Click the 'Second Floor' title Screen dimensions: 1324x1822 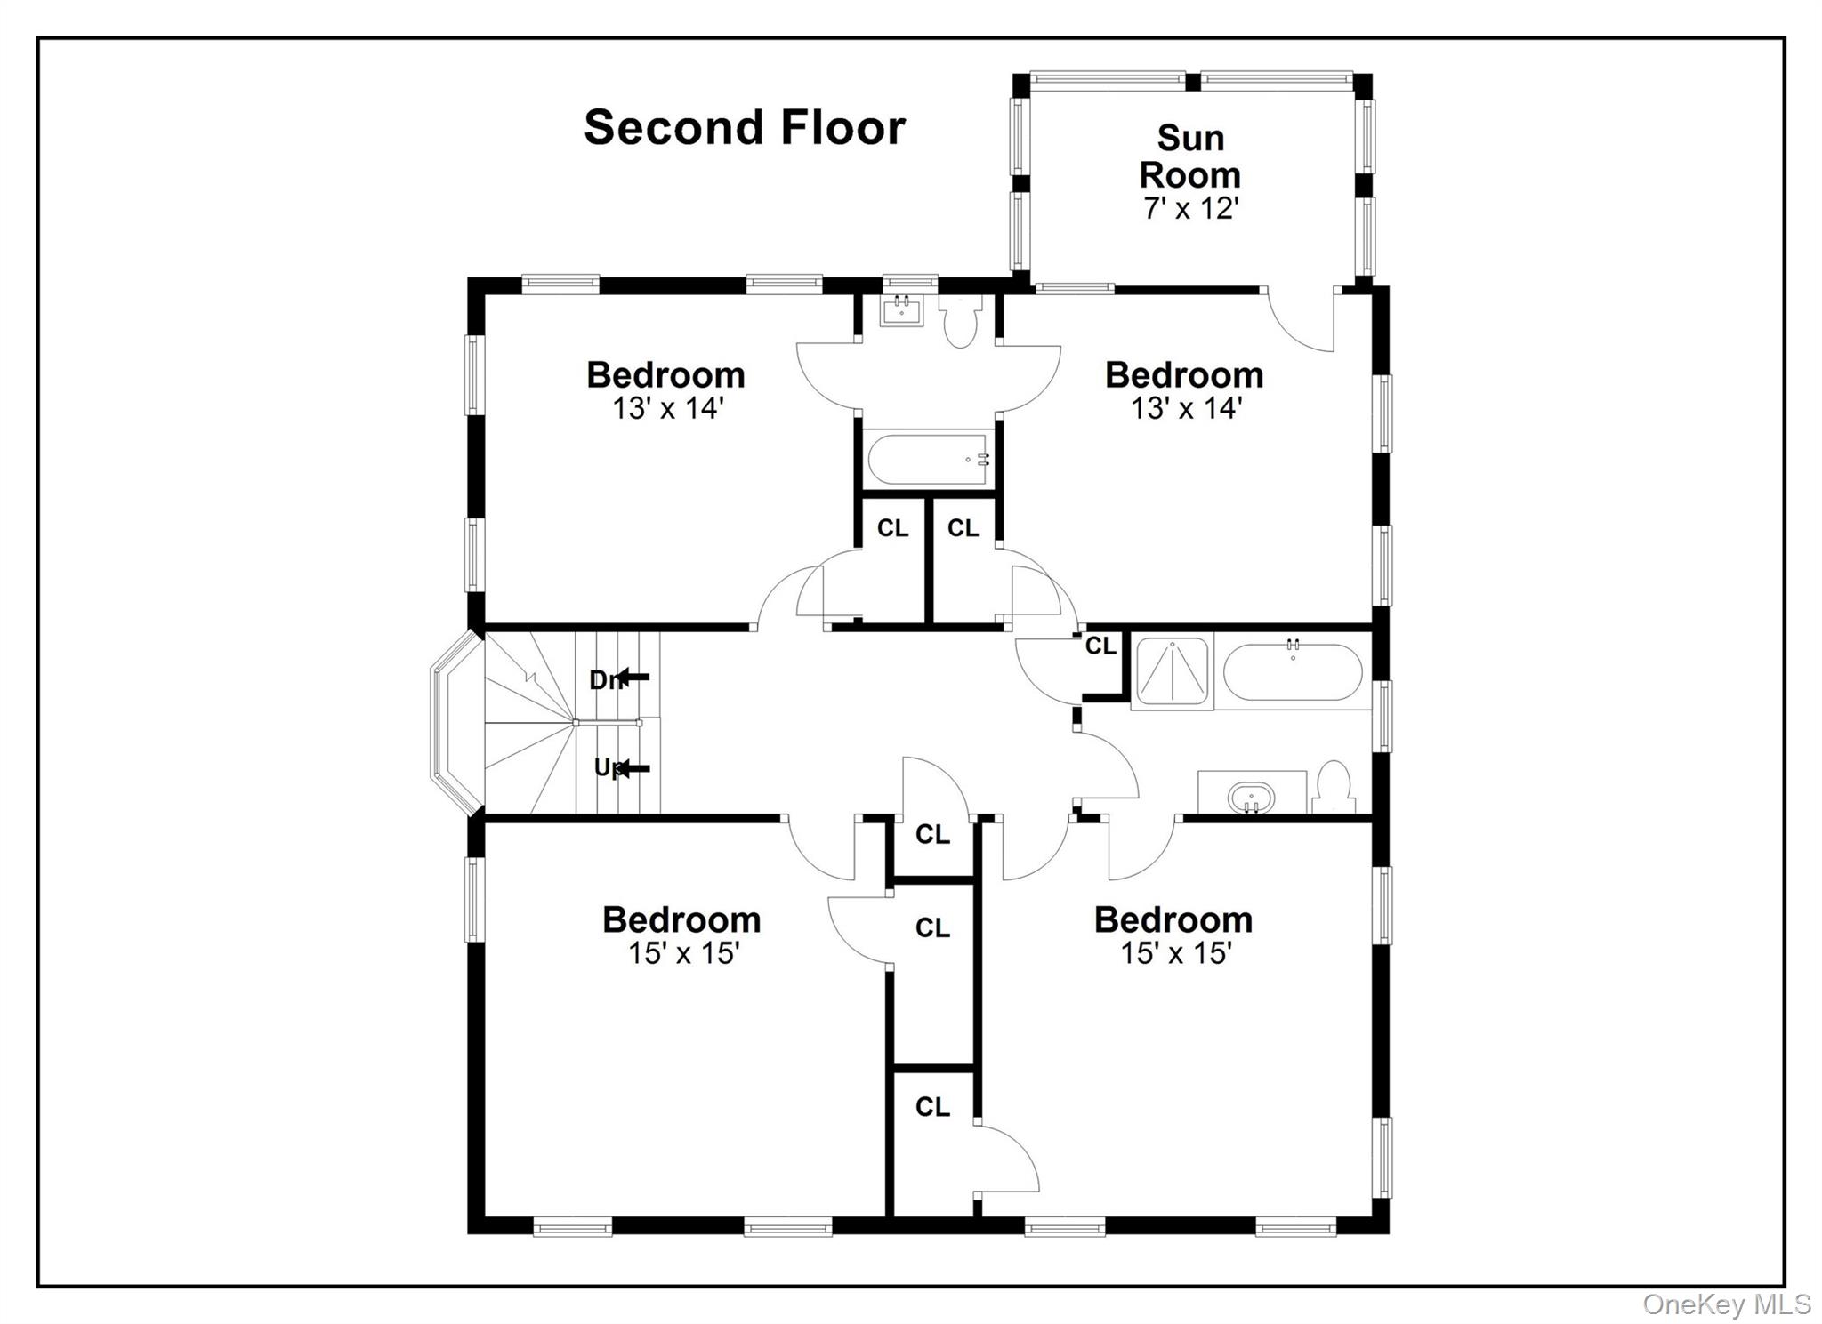point(744,127)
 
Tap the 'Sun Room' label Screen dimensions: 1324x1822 point(1190,156)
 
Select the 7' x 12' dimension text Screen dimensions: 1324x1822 point(1190,208)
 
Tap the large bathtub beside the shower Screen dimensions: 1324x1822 point(1292,672)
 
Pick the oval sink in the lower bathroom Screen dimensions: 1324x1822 point(1251,797)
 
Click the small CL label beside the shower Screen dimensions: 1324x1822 point(1100,646)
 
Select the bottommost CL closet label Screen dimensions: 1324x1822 point(932,1107)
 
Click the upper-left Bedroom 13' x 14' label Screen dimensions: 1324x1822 point(665,389)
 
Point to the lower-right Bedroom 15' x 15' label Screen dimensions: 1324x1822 point(1173,935)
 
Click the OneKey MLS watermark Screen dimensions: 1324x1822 point(1726,1304)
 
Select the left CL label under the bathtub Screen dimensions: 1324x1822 point(892,528)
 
